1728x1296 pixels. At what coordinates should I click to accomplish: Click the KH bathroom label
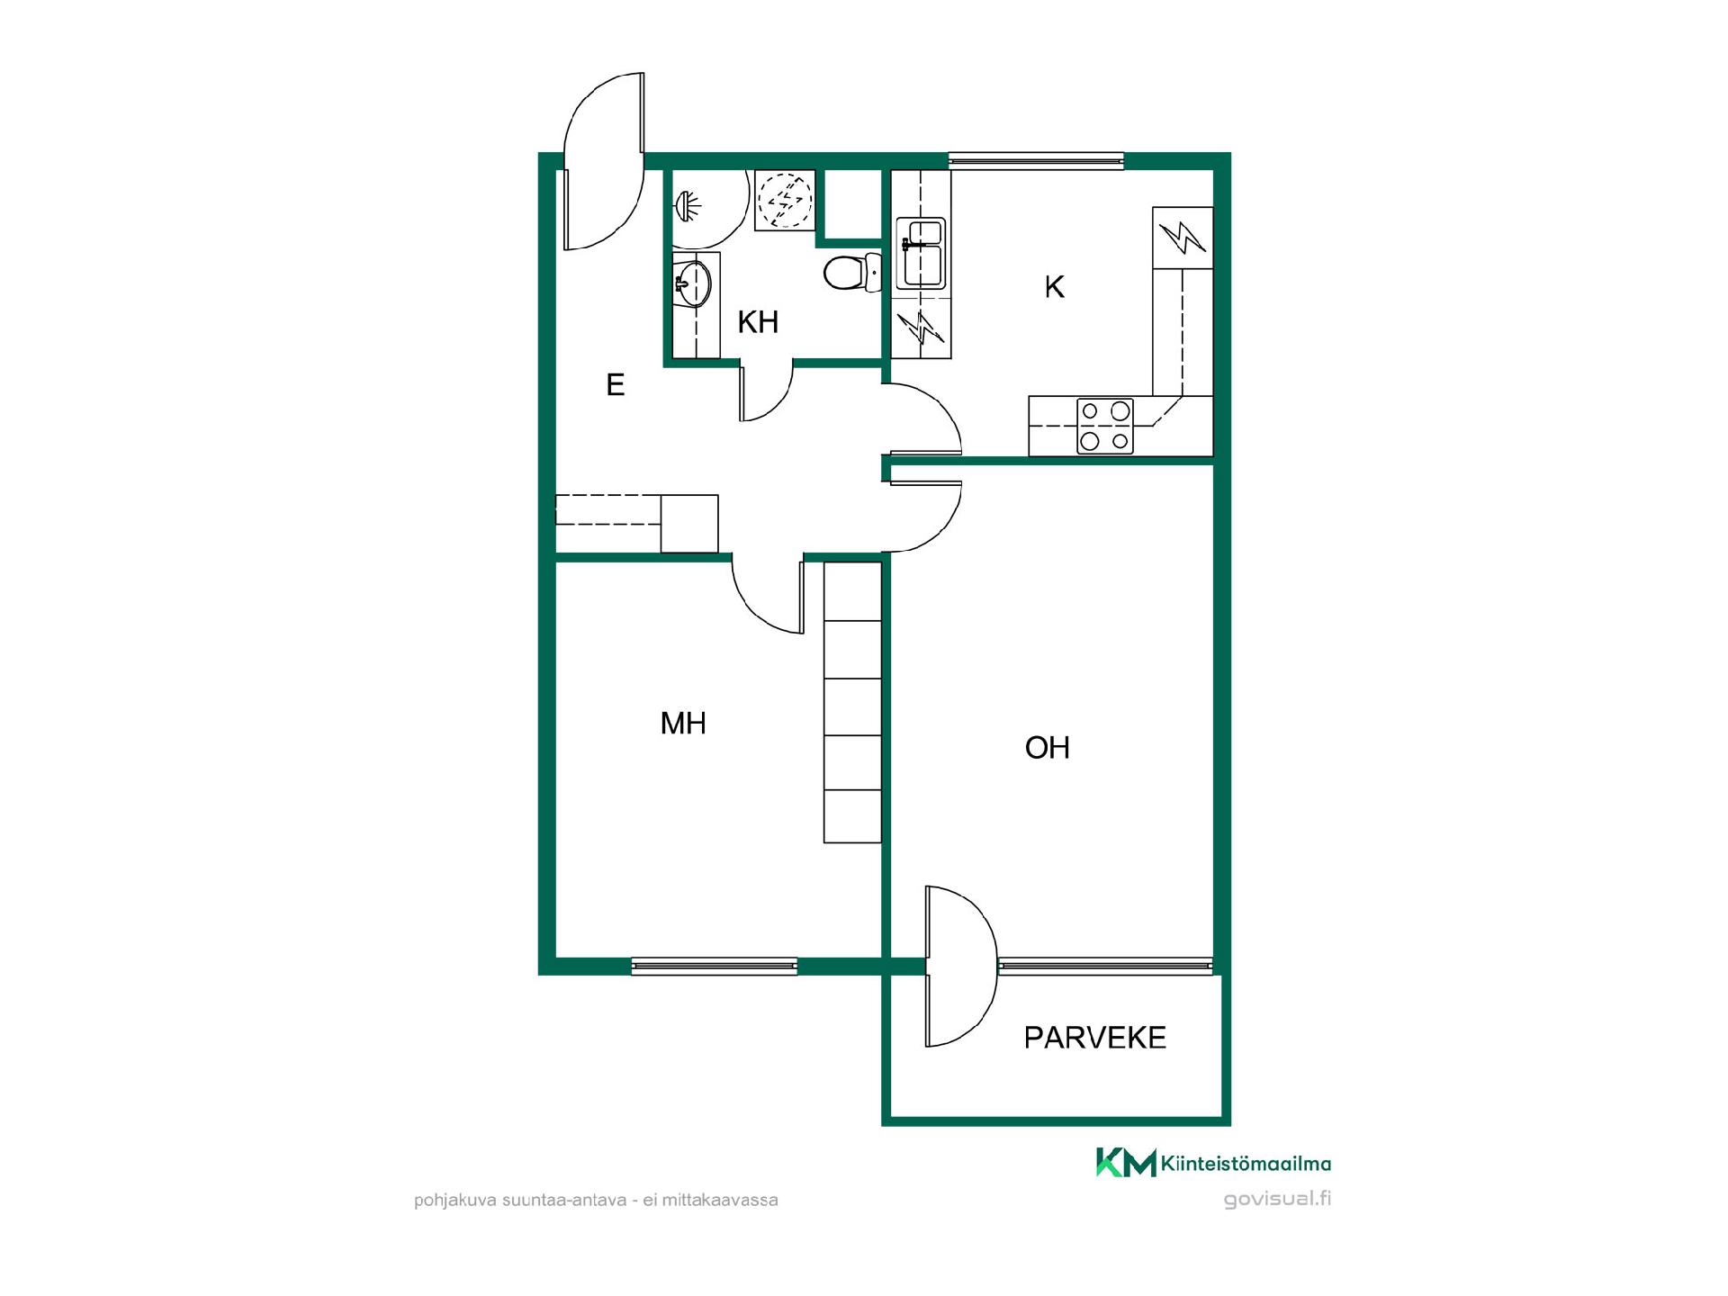(758, 322)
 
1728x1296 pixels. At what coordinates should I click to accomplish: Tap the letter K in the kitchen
(1054, 287)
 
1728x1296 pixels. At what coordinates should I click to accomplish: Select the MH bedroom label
(683, 724)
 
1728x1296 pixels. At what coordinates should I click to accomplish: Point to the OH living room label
(1048, 748)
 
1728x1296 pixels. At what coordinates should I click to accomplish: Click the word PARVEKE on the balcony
(1095, 1038)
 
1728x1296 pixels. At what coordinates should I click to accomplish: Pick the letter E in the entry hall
(616, 385)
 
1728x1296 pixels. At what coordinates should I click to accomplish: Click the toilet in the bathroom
(851, 273)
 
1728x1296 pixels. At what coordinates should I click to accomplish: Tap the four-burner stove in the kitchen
(1105, 426)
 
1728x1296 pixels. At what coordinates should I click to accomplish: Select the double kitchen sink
(920, 253)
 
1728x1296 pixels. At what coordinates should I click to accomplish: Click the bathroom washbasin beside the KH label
(692, 284)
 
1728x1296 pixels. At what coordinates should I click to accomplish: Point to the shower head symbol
(686, 206)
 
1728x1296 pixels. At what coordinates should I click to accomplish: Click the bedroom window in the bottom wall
(715, 967)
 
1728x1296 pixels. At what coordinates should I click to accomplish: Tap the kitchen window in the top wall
(1036, 161)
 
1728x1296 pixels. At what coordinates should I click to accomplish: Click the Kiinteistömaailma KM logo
(1213, 1163)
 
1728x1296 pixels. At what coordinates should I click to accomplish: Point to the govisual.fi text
(1277, 1199)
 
